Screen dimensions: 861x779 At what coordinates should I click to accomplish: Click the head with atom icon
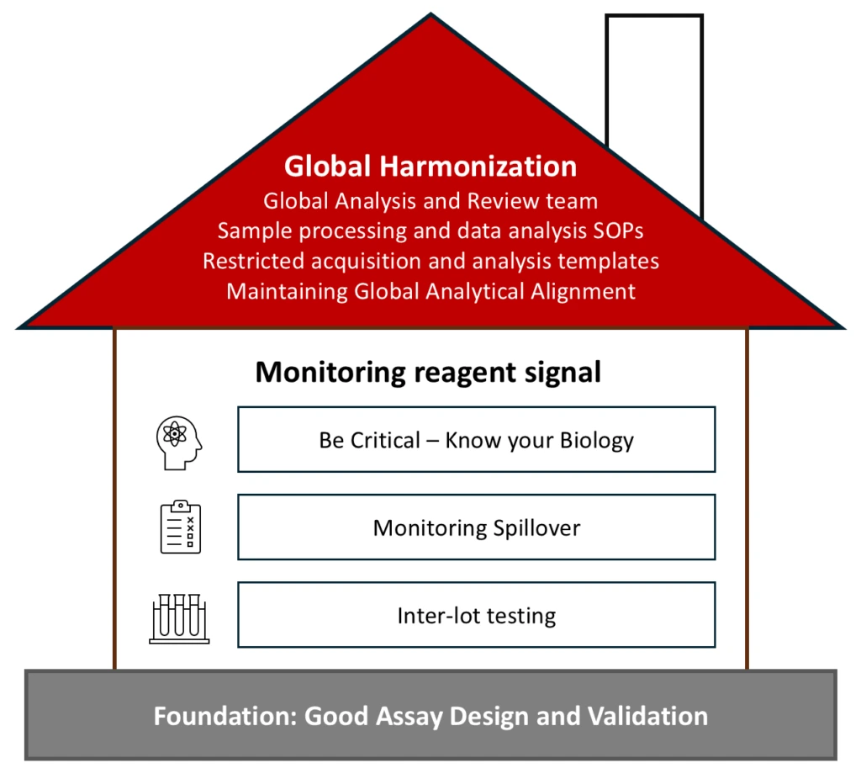pos(179,442)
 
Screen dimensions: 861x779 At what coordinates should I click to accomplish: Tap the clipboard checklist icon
pos(181,527)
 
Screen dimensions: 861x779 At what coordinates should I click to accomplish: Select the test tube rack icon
pos(179,618)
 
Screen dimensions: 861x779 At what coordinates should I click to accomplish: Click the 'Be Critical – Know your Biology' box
pos(476,439)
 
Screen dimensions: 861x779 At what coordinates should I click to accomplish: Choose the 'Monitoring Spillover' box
pos(476,527)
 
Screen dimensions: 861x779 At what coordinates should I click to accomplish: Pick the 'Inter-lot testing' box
pos(476,615)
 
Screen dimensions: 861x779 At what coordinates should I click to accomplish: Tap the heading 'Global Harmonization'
pos(430,166)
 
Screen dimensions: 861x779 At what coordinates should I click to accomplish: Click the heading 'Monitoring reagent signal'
pos(428,373)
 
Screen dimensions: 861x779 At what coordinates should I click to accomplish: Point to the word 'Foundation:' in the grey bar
pos(225,716)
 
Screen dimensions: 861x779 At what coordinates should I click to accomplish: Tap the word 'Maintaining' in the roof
pos(287,291)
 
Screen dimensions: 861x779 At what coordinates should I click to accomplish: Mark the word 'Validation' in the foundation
pos(647,716)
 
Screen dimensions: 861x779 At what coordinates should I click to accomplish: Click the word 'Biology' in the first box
pos(596,441)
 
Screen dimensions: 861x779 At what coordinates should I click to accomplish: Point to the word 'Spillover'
pos(536,528)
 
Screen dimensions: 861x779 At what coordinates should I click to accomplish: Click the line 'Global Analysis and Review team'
pos(430,201)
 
